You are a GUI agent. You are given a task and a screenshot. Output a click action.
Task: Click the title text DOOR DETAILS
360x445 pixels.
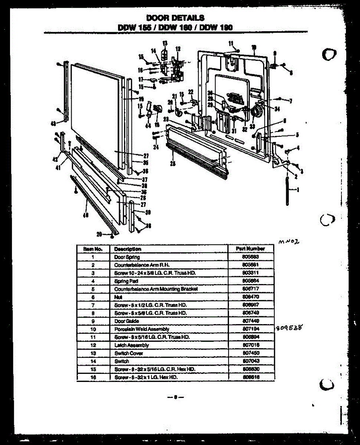point(175,18)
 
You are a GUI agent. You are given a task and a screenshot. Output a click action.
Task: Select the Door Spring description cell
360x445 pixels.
point(127,257)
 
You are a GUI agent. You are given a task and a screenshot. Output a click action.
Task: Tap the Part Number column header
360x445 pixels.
point(250,249)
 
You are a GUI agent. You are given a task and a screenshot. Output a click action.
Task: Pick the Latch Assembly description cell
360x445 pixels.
point(131,345)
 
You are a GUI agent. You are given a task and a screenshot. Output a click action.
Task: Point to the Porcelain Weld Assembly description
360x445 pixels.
point(141,329)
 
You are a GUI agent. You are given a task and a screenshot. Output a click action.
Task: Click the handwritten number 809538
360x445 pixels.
point(290,328)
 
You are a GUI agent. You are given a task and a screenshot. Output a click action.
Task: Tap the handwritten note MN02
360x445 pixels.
point(289,241)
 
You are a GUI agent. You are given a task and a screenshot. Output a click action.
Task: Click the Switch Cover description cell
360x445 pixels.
point(128,353)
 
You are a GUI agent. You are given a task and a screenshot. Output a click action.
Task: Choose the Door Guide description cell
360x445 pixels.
point(127,321)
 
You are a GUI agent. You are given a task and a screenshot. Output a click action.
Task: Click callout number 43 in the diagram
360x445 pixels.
point(53,123)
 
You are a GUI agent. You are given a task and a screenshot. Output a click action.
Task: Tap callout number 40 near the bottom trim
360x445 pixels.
point(85,215)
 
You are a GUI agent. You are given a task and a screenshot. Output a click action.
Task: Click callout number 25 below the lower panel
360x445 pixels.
point(172,164)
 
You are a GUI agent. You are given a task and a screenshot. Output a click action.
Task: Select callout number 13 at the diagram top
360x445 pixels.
point(165,43)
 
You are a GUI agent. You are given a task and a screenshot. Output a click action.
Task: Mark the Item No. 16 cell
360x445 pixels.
point(93,377)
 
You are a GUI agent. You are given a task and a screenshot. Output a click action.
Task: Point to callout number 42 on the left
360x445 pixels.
point(55,159)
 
